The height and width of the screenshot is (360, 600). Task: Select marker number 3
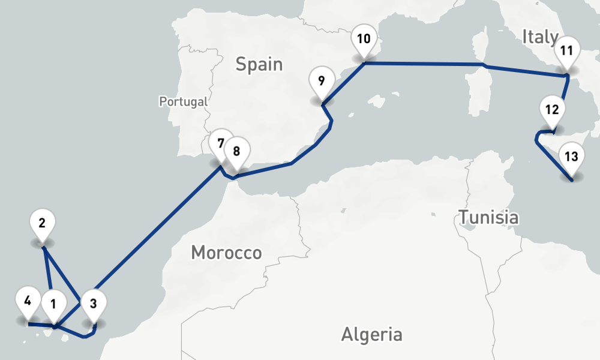(x=93, y=304)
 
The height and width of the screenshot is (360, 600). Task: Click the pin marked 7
(x=221, y=144)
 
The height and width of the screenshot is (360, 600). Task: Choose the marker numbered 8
(x=236, y=152)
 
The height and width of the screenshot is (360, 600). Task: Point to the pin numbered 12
(x=553, y=110)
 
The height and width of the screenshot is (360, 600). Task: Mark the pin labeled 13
(x=571, y=158)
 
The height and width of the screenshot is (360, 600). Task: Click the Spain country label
(x=259, y=64)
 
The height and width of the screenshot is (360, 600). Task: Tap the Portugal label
(x=183, y=101)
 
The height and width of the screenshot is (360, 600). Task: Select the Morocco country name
(x=226, y=253)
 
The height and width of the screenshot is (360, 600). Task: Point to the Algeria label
(x=371, y=334)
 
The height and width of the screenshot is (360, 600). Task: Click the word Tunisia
(x=488, y=217)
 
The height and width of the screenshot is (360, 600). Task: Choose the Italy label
(x=540, y=37)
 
